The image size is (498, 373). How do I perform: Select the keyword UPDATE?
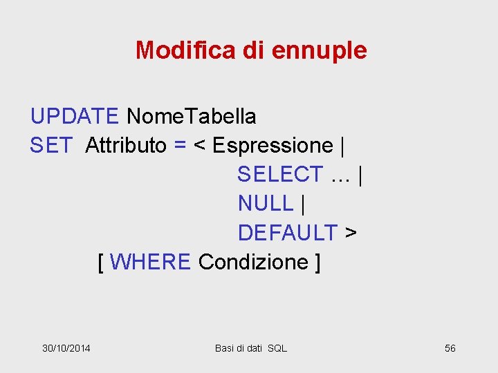pos(75,117)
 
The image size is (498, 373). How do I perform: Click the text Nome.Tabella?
pos(191,117)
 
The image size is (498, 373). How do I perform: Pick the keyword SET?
pos(51,146)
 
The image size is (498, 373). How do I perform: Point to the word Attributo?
pos(126,146)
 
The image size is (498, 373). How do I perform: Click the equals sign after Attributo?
pos(180,146)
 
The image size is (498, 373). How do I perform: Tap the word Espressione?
pos(273,146)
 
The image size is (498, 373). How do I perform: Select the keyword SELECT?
pos(280,175)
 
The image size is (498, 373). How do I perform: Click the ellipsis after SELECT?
pos(340,175)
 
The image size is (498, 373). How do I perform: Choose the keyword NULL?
pos(266,204)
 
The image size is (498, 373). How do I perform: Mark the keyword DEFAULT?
pos(288,233)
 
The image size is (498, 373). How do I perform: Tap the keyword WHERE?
pos(150,262)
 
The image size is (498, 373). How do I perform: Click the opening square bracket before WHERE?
pos(102,262)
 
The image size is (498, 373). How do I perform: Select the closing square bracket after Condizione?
pos(317,262)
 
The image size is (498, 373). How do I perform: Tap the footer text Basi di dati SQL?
pos(250,348)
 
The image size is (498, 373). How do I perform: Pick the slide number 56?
pos(450,348)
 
